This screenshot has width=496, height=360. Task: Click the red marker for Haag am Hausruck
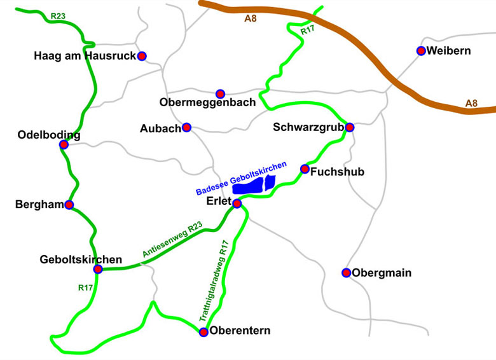(142, 56)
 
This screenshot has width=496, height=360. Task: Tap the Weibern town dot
(421, 51)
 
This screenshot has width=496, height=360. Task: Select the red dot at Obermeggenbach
(220, 93)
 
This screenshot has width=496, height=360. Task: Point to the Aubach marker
(187, 127)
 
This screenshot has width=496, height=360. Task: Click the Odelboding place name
(48, 135)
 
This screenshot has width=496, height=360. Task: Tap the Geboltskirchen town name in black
(81, 260)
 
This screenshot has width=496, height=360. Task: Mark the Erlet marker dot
(237, 204)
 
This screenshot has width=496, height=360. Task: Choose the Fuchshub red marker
(305, 169)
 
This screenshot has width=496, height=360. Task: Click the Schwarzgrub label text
(308, 127)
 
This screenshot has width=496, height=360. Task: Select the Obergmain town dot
(346, 273)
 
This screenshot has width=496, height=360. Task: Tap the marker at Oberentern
(203, 331)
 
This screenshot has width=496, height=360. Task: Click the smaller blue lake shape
(269, 182)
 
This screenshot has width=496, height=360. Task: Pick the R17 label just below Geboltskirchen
(86, 287)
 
